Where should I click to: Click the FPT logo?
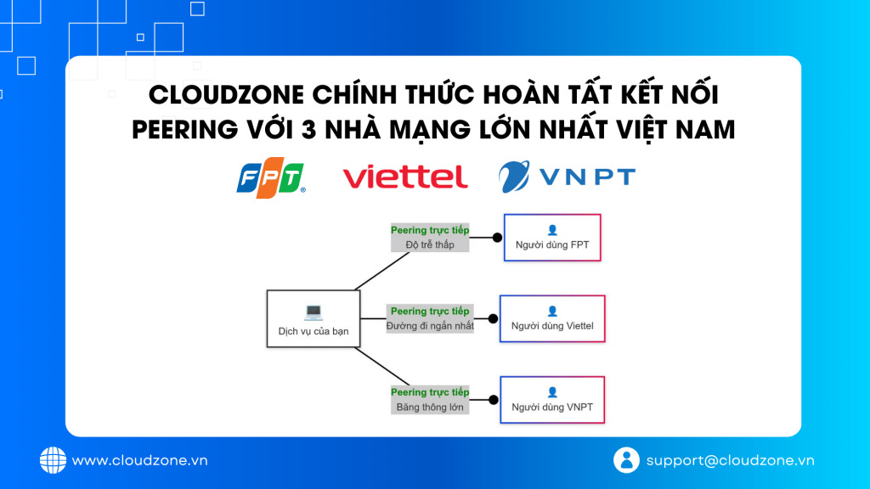point(271,177)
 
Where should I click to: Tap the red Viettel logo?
point(405,177)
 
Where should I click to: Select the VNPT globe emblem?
point(514,177)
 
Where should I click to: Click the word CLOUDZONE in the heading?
point(226,95)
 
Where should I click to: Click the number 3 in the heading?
point(308,130)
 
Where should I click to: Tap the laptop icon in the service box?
point(314,312)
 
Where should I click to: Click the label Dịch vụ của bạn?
point(314,331)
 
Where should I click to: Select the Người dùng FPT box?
point(552,238)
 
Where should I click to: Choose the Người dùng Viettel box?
point(552,319)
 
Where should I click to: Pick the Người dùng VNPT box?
point(552,400)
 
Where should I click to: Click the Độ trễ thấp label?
point(430,244)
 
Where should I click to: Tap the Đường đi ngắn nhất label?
point(430,326)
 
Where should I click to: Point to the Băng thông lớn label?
point(430,407)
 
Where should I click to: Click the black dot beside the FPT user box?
point(497,238)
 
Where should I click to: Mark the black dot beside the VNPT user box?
point(494,400)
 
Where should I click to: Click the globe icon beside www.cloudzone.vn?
point(53,460)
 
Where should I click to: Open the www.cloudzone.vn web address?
point(140,460)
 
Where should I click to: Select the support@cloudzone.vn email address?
point(730,460)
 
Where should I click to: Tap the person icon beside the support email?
point(626,460)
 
